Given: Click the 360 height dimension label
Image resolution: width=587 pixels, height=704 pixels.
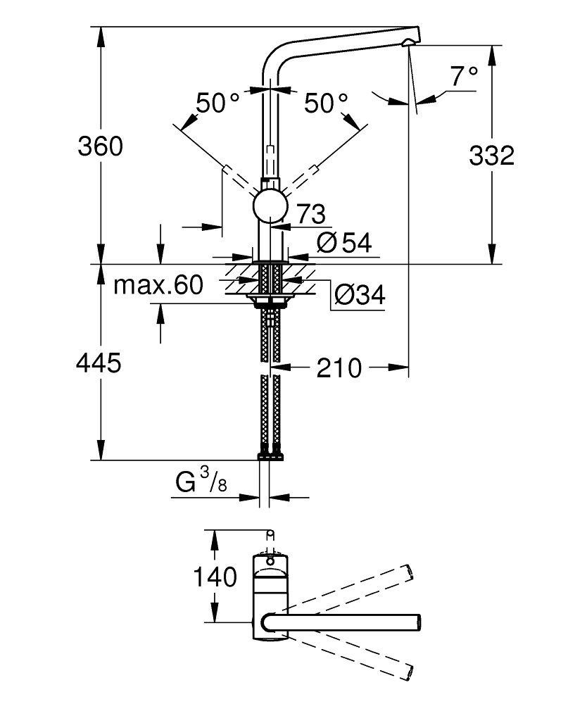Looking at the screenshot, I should (x=100, y=147).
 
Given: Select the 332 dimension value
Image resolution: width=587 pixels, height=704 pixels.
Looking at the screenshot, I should (x=491, y=156).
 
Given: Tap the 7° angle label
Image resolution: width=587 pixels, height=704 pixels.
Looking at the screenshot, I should (x=465, y=76).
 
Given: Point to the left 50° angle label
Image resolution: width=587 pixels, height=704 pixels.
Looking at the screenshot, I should (x=217, y=103).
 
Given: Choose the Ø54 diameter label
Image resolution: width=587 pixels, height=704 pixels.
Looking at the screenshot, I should (x=343, y=244).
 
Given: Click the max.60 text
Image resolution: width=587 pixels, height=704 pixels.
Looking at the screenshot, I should (x=158, y=285).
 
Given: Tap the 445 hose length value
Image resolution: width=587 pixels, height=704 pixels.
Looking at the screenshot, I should (x=100, y=363).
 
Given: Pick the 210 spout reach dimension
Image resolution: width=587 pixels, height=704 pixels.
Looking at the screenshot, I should (x=339, y=367).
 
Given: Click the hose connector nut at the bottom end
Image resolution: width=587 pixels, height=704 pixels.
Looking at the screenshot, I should (x=270, y=457).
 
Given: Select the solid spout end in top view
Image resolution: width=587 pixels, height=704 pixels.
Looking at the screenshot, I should (x=417, y=622).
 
